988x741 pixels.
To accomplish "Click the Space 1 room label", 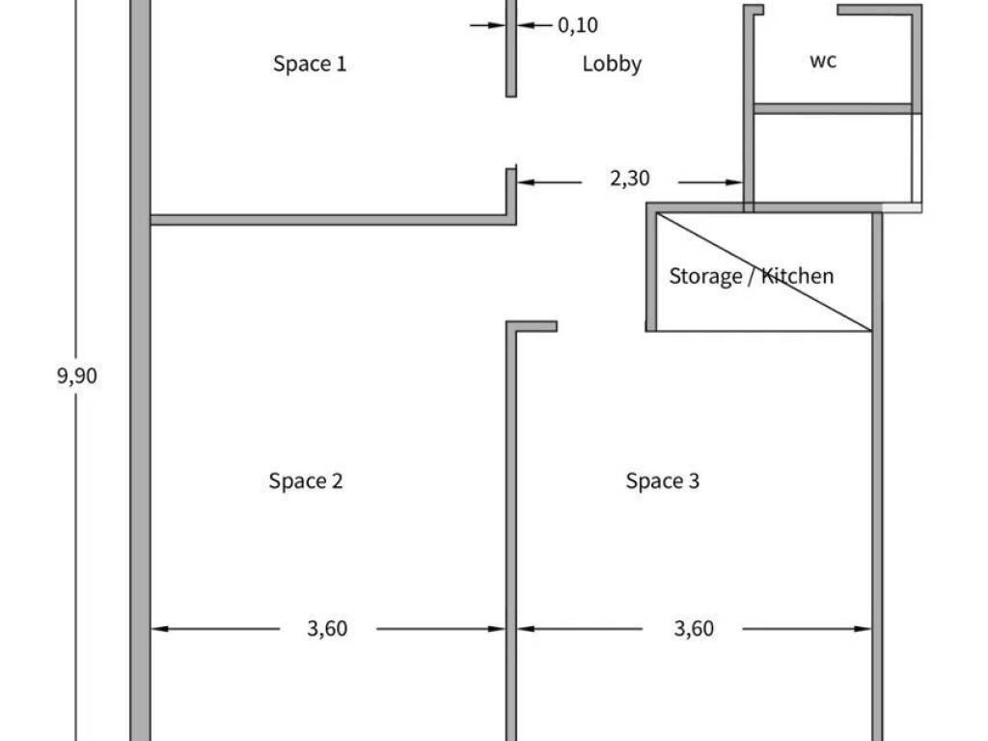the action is [x=310, y=64].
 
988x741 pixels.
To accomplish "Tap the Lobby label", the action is [x=612, y=64].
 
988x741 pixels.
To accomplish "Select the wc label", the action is [x=823, y=61].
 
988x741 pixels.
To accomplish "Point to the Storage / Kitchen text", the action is [x=751, y=276].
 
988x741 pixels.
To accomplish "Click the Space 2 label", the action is [x=306, y=480].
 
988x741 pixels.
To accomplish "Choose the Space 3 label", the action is [x=662, y=480].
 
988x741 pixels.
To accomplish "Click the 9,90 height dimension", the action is [x=77, y=376].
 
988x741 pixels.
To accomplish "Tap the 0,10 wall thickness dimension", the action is [x=578, y=25].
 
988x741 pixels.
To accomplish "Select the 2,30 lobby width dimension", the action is [x=629, y=178].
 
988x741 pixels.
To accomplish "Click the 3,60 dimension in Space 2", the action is [x=327, y=628].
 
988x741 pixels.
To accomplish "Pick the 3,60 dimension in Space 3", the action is [x=694, y=628].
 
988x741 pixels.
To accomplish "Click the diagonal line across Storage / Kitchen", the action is [x=764, y=272].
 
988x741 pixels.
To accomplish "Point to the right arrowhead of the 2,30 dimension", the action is [x=734, y=182].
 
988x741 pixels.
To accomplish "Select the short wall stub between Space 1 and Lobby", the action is [x=511, y=48].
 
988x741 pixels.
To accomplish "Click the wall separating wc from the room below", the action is [x=833, y=109].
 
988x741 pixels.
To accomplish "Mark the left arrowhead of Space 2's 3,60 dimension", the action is [x=160, y=628].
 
